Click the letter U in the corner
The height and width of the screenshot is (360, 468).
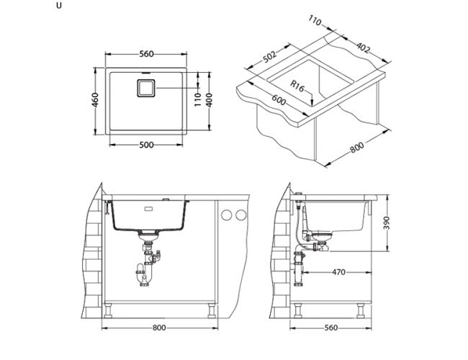[x=59, y=6]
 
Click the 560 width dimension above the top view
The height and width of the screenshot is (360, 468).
[x=146, y=54]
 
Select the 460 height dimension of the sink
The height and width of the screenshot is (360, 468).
[x=95, y=100]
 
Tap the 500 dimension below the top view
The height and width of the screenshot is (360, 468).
[x=146, y=145]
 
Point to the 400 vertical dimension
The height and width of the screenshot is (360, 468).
[x=210, y=100]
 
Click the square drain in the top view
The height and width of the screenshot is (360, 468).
[x=146, y=88]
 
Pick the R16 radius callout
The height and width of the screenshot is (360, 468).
[x=297, y=86]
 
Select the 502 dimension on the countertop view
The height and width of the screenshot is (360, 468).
[x=269, y=56]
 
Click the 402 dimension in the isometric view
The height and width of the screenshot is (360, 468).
[x=363, y=48]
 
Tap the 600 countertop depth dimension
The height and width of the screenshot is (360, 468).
[x=279, y=100]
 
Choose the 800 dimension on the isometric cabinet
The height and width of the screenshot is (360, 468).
[x=357, y=147]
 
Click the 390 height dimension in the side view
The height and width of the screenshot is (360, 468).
[x=387, y=223]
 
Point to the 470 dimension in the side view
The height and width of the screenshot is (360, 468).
[x=338, y=272]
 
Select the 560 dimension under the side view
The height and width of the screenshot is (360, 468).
[x=330, y=328]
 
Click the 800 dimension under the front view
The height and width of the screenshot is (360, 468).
[x=159, y=328]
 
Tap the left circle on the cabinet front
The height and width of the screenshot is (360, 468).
[x=227, y=215]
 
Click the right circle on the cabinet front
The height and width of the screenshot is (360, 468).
[x=241, y=215]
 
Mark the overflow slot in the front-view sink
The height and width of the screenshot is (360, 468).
[x=148, y=209]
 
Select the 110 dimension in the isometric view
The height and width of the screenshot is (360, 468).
[x=315, y=21]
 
